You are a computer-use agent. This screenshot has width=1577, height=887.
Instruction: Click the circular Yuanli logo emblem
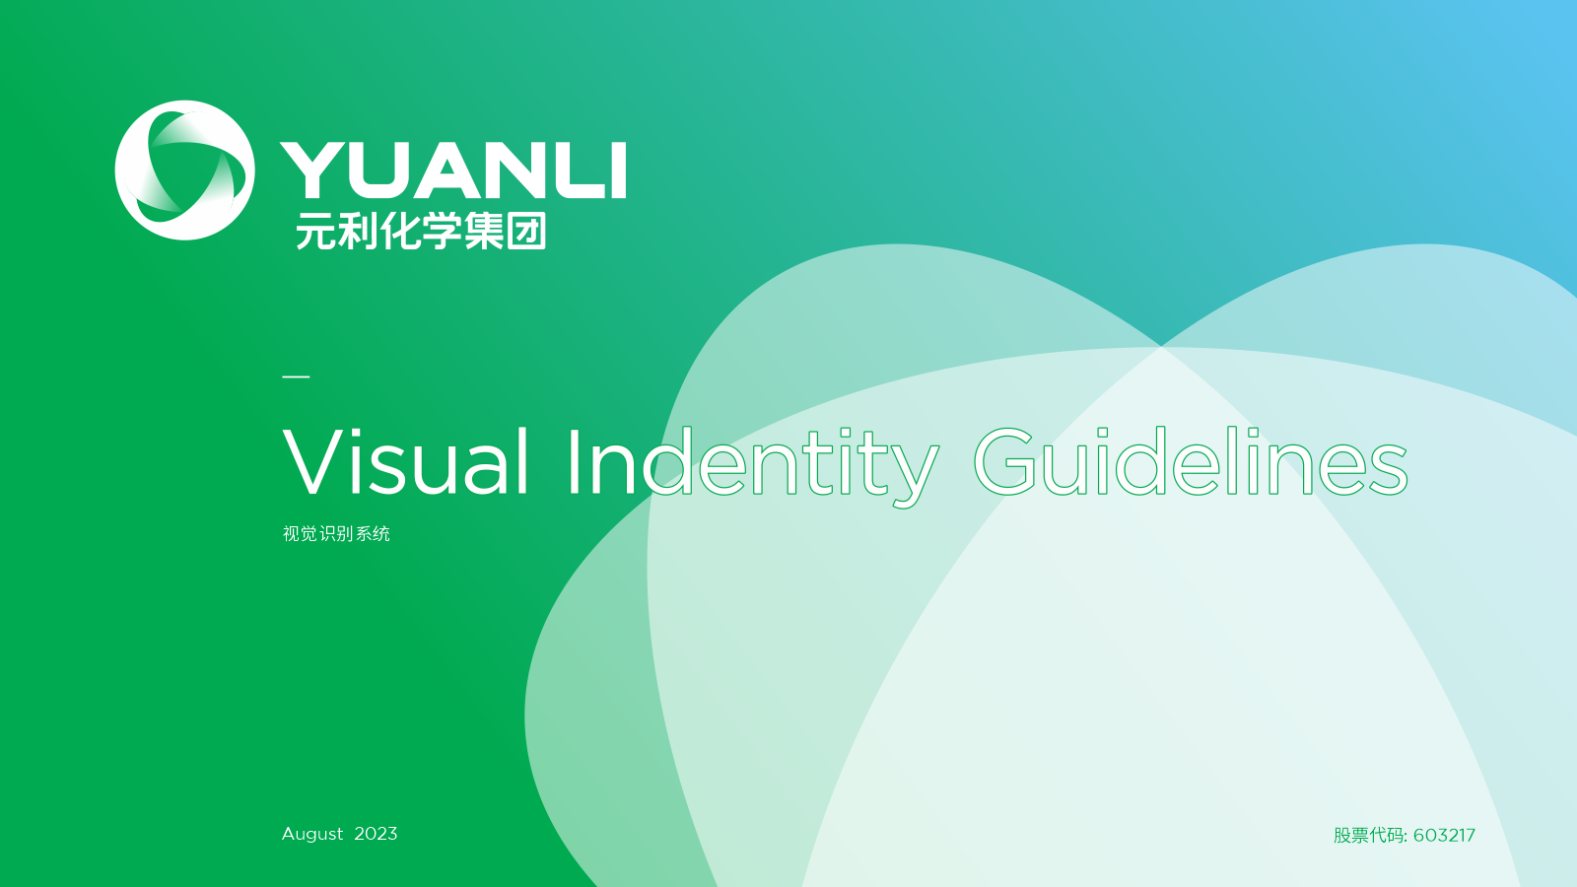[x=184, y=171]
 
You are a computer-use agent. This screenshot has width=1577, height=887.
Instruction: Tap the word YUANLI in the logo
[x=452, y=171]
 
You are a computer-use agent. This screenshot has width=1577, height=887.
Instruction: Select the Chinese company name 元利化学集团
[x=421, y=231]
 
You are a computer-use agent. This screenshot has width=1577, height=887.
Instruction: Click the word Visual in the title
[x=405, y=461]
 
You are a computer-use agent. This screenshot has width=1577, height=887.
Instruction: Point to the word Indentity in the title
[x=753, y=466]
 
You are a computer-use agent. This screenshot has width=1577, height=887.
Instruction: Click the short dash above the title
[x=296, y=376]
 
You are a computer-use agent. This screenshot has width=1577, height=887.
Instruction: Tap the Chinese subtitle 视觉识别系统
[x=336, y=533]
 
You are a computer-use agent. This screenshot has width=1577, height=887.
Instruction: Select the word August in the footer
[x=312, y=834]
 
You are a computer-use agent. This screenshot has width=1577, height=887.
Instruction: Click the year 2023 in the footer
[x=376, y=834]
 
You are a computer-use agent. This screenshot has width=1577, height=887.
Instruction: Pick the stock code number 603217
[x=1444, y=835]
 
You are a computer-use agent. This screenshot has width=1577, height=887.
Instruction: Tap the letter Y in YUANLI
[x=309, y=171]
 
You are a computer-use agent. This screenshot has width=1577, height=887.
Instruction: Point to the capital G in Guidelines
[x=1004, y=461]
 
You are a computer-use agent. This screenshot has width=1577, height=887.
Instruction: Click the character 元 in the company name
[x=314, y=231]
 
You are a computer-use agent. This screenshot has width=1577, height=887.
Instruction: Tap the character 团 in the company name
[x=526, y=231]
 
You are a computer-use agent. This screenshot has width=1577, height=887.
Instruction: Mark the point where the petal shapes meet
[x=1162, y=346]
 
